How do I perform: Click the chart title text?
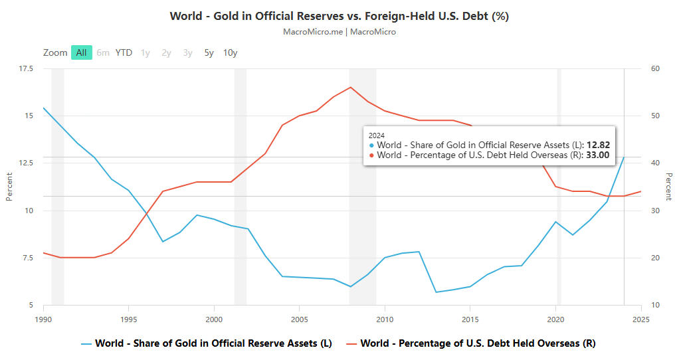tap(339, 16)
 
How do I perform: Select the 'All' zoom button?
tap(81, 52)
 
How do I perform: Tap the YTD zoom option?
tap(124, 52)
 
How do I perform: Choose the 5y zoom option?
tap(209, 52)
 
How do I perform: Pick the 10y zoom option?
tap(230, 52)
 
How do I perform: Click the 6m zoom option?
tap(103, 52)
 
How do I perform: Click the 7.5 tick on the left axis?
tap(27, 258)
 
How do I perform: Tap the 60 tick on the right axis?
tap(654, 68)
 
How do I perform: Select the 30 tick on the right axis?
tap(654, 211)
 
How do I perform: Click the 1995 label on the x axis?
tap(129, 318)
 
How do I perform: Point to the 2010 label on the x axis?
tap(385, 318)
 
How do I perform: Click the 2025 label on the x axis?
tap(640, 318)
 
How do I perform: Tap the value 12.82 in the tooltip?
tap(597, 145)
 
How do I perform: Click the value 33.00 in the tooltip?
tap(597, 155)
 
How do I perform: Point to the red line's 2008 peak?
tap(351, 87)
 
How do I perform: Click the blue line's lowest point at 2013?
tap(436, 292)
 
